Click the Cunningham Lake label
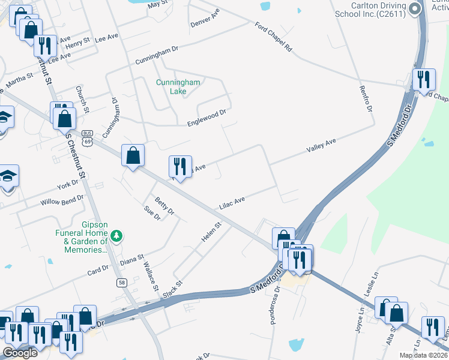click(x=178, y=87)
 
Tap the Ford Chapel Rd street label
click(x=273, y=37)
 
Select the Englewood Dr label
click(x=206, y=117)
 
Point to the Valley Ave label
click(x=321, y=145)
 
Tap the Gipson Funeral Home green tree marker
click(x=118, y=236)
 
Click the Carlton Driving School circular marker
click(x=414, y=8)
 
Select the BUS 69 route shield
click(x=88, y=137)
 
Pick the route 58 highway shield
click(x=122, y=283)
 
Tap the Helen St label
click(x=211, y=232)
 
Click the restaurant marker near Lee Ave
click(x=45, y=45)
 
